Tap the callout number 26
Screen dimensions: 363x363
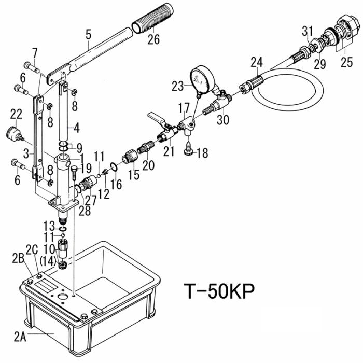click(154, 39)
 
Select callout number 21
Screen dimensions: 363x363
click(166, 151)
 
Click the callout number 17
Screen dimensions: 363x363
click(184, 108)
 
